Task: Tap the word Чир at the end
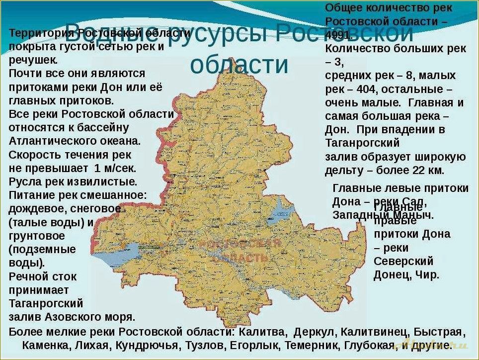click(429, 274)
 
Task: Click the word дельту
click(344, 171)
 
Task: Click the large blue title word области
click(239, 64)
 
